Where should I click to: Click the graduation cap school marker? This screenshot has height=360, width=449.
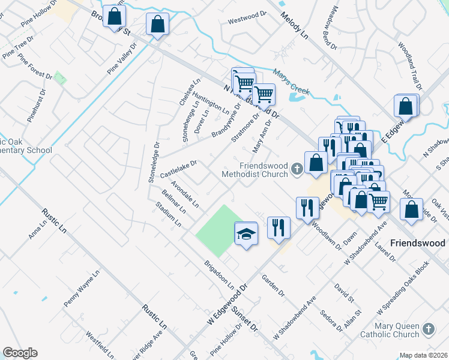coord(246,233)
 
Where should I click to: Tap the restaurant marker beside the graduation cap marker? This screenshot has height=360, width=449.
coord(279,227)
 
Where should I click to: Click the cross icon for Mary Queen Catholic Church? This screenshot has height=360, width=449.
coord(428,329)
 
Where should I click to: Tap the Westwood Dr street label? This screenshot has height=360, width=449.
coord(247,18)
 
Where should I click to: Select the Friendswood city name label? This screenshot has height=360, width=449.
coord(417,243)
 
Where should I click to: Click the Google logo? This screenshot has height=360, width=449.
coord(20,352)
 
